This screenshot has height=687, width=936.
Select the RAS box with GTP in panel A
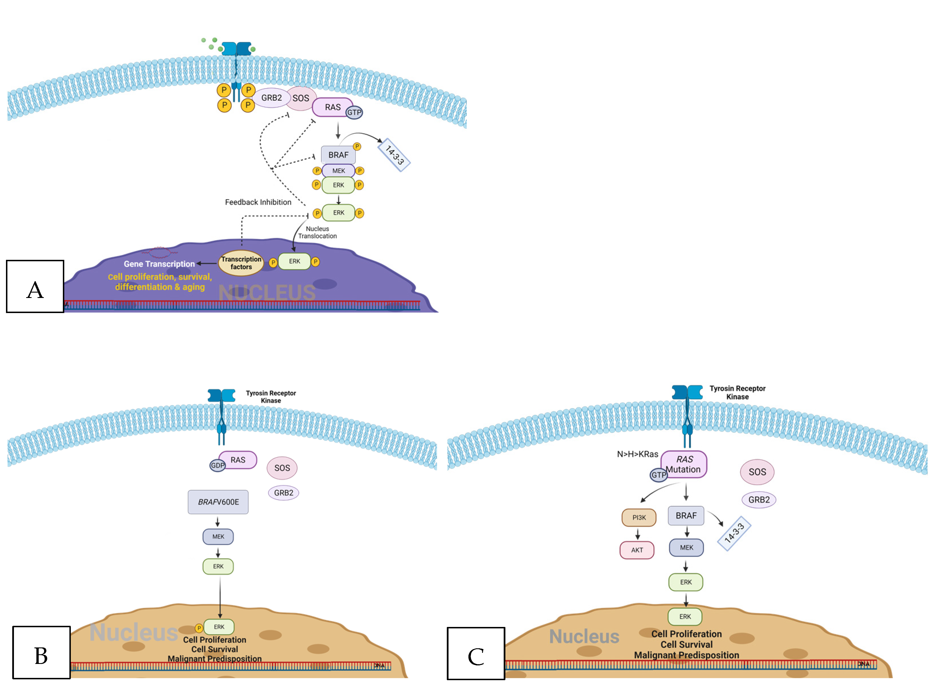tap(332, 107)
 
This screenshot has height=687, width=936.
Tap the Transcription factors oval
tap(241, 263)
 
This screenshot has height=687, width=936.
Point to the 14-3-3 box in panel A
tap(394, 155)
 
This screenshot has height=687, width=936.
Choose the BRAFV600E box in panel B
tap(218, 502)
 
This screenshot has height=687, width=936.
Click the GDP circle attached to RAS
tap(217, 465)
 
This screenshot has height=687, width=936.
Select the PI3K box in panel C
tap(639, 518)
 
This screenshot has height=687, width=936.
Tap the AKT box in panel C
tap(637, 550)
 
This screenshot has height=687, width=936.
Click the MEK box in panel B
tap(218, 536)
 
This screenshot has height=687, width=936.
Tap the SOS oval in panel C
tap(757, 472)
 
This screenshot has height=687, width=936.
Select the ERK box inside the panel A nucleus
tap(294, 262)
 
